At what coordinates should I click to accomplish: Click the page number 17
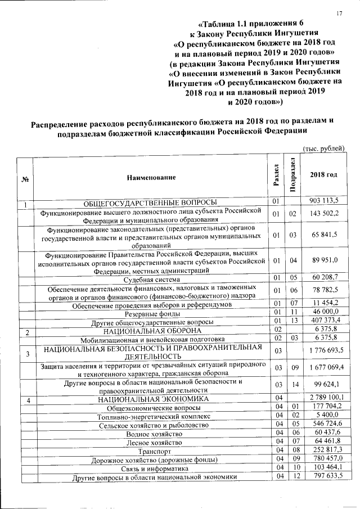340,13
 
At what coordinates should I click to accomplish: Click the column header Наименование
151,177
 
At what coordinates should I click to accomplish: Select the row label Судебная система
151,278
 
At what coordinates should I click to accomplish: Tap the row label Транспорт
151,452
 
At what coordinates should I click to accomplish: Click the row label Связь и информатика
151,469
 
